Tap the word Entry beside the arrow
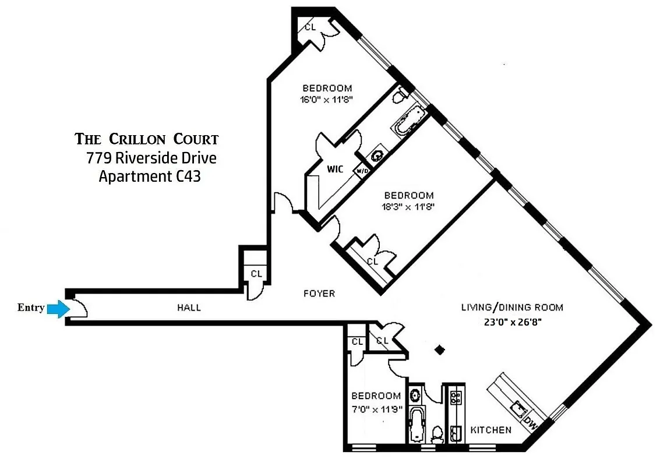pyautogui.click(x=31, y=308)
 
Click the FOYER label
pyautogui.click(x=319, y=293)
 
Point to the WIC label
pyautogui.click(x=334, y=170)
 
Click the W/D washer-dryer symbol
pyautogui.click(x=362, y=171)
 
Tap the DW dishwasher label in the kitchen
pyautogui.click(x=531, y=422)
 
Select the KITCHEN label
pyautogui.click(x=491, y=430)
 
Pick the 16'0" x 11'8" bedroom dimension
pyautogui.click(x=325, y=99)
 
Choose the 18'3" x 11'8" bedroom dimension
pyautogui.click(x=408, y=206)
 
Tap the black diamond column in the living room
pyautogui.click(x=440, y=349)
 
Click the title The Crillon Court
pyautogui.click(x=147, y=139)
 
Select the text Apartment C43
pyautogui.click(x=150, y=176)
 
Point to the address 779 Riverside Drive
pyautogui.click(x=151, y=158)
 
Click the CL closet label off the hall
pyautogui.click(x=256, y=273)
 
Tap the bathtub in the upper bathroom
pyautogui.click(x=408, y=119)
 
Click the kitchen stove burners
pyautogui.click(x=456, y=397)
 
